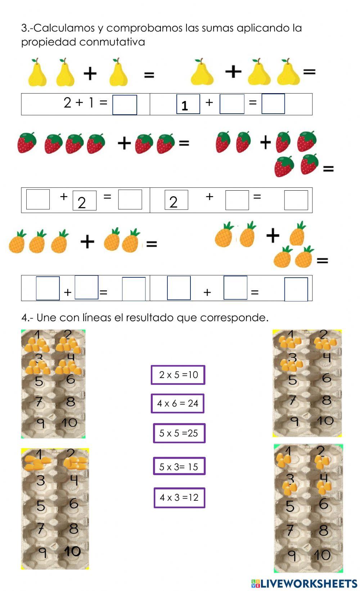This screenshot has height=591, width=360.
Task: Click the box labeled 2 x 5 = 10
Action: pyautogui.click(x=178, y=375)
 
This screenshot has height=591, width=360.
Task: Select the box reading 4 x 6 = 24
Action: pyautogui.click(x=177, y=403)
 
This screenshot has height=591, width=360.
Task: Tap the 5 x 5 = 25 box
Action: pyautogui.click(x=179, y=433)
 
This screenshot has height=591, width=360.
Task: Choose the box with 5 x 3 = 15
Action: pyautogui.click(x=179, y=467)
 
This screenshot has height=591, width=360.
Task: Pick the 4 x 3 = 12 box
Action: pyautogui.click(x=179, y=497)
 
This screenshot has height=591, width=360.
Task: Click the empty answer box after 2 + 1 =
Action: pyautogui.click(x=125, y=105)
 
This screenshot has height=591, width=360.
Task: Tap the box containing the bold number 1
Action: pyautogui.click(x=188, y=104)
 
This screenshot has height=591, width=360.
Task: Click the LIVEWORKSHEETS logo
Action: pyautogui.click(x=304, y=583)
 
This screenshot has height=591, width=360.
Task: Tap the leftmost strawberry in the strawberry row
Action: pyautogui.click(x=27, y=142)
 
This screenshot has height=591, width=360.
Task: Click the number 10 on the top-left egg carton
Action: pyautogui.click(x=69, y=422)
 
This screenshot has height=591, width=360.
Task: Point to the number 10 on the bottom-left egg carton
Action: pyautogui.click(x=72, y=551)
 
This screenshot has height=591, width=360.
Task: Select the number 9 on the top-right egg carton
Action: pyautogui.click(x=294, y=421)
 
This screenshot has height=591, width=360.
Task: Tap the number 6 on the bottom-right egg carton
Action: pyautogui.click(x=323, y=504)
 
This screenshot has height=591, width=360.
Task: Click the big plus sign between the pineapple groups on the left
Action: pyautogui.click(x=87, y=241)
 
